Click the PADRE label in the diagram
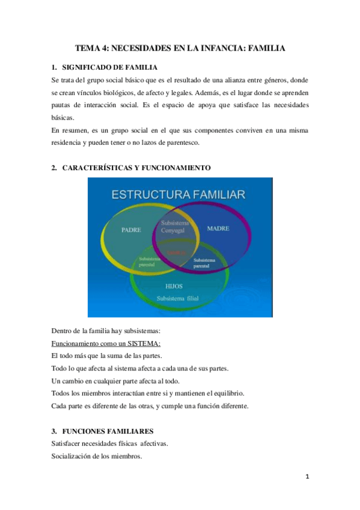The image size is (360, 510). pyautogui.click(x=131, y=229)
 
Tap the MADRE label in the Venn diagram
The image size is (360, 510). pyautogui.click(x=218, y=229)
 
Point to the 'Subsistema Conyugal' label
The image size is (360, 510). pyautogui.click(x=175, y=226)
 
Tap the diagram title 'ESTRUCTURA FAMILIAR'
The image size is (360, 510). pyautogui.click(x=178, y=194)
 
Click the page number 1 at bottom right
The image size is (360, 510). pyautogui.click(x=307, y=477)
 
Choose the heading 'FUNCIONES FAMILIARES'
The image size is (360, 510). pyautogui.click(x=108, y=431)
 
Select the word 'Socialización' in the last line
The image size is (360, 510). pyautogui.click(x=73, y=456)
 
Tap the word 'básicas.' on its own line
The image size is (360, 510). pyautogui.click(x=63, y=118)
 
